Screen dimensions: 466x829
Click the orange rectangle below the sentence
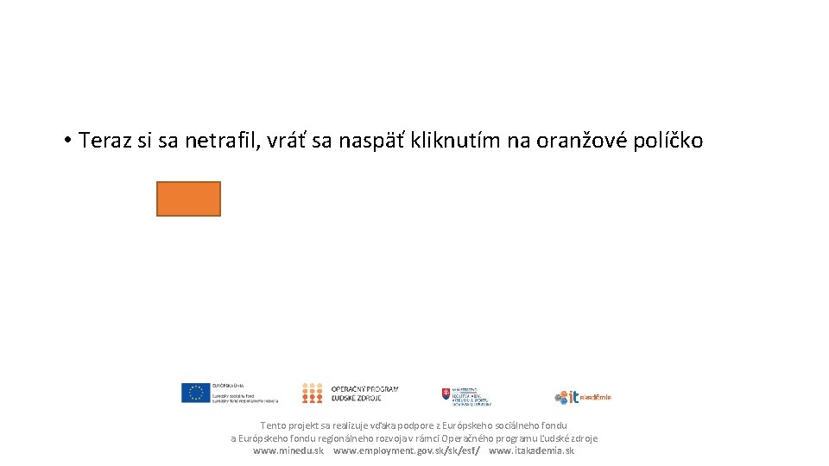coord(188,198)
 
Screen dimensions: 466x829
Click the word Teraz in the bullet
coord(104,141)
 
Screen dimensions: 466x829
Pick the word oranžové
coord(579,141)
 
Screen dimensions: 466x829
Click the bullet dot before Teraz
coord(66,141)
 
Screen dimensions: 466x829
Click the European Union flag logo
coord(196,394)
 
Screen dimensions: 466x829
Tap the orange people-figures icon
coord(312,394)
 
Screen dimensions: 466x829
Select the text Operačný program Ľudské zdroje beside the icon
coord(364,394)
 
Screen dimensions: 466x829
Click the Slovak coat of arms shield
coord(446,394)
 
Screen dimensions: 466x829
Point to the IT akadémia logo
coord(583,397)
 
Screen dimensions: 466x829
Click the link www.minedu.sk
coord(288,450)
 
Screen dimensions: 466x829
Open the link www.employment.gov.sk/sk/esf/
coord(407,450)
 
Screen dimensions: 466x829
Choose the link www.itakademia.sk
coord(531,450)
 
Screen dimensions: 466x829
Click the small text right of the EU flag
coord(245,394)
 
